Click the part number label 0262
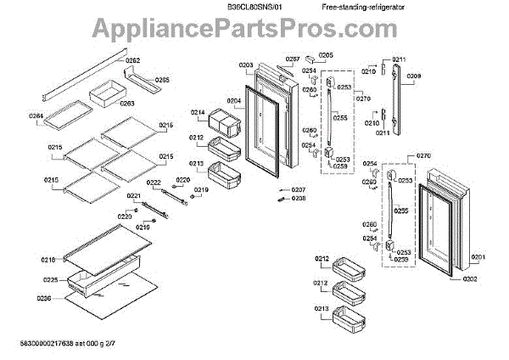coord(133,60)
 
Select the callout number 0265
coord(162,80)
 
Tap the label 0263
coord(126,104)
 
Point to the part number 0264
coord(36,115)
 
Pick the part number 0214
coord(197,113)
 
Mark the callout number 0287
coord(293,59)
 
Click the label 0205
coord(326,55)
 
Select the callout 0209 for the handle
coord(413,76)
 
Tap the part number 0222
coord(153,183)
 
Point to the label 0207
coord(298,189)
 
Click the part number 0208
coord(298,198)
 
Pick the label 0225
coord(50,279)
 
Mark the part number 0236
coord(44,297)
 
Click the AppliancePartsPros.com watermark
coord(255,31)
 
